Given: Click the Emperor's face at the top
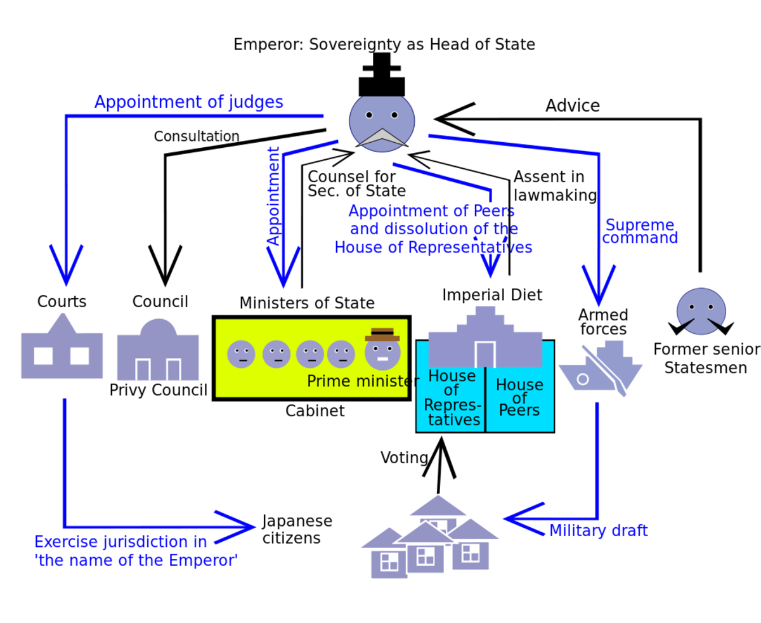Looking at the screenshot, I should click(x=382, y=123).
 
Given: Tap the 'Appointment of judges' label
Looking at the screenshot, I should click(x=188, y=102).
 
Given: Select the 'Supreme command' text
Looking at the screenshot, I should click(x=640, y=232).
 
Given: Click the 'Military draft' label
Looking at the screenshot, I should click(x=598, y=531).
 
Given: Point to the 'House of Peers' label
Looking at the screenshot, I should click(x=519, y=397).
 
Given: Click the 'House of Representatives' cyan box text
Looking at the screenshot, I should click(x=452, y=398).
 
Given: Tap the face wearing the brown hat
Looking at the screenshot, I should click(x=382, y=350).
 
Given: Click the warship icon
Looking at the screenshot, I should click(x=600, y=369).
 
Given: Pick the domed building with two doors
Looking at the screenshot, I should click(x=158, y=352).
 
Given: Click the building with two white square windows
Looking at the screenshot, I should click(x=62, y=350).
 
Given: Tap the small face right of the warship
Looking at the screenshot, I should click(x=701, y=311).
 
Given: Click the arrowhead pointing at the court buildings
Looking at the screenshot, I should click(x=66, y=270).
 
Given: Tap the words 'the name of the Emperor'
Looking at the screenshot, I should click(x=136, y=561).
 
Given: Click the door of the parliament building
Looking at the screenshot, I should click(x=485, y=354).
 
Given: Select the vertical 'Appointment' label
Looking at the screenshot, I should click(x=273, y=197).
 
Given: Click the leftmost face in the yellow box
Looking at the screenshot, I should click(x=241, y=354).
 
